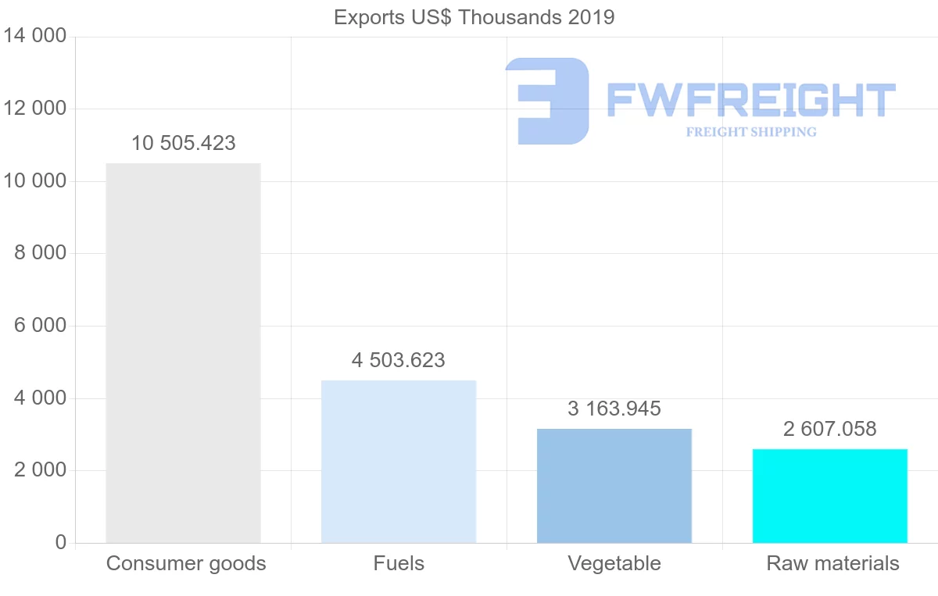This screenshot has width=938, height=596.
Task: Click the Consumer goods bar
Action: tap(183, 353)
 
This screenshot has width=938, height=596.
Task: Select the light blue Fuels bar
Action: tap(399, 462)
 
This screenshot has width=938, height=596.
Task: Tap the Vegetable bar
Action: tap(614, 486)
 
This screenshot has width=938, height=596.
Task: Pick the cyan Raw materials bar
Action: tap(830, 496)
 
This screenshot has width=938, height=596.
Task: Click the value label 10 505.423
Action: tap(183, 144)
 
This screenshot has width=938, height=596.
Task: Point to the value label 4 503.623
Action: tap(399, 361)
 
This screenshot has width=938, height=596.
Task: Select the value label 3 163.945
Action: tap(614, 409)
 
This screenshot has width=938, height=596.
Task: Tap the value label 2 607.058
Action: tap(830, 430)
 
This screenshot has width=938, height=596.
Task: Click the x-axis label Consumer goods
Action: tap(186, 564)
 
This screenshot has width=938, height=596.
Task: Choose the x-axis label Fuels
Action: tap(399, 564)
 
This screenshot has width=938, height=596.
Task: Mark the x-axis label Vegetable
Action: tap(614, 564)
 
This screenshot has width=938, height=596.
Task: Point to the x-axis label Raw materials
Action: tap(833, 564)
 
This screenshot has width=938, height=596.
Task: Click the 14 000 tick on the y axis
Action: tap(34, 37)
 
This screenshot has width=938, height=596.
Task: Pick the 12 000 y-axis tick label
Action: tap(34, 109)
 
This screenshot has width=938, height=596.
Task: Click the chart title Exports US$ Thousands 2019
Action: tap(474, 17)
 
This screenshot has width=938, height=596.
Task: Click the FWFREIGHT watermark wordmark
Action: tap(751, 100)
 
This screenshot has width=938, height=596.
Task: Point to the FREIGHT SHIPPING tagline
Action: tap(751, 132)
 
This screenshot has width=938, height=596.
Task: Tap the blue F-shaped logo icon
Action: tap(547, 101)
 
